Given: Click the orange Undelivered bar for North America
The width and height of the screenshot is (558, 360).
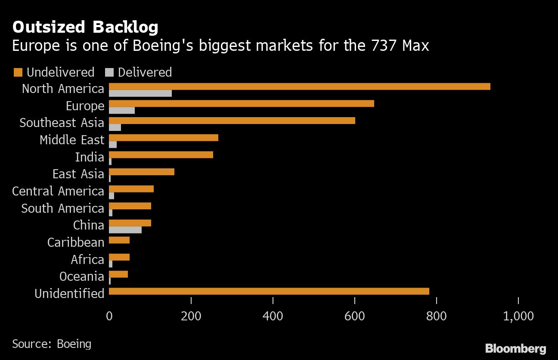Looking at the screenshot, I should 299,86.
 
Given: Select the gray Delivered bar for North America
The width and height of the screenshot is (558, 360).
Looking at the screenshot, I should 140,93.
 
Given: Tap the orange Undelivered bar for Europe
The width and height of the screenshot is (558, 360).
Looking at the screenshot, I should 241,103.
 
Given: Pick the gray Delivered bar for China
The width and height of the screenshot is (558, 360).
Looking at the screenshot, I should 125,230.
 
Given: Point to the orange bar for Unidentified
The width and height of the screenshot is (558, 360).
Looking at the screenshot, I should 269,291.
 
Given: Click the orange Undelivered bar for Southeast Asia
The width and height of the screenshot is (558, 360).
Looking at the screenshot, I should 232,120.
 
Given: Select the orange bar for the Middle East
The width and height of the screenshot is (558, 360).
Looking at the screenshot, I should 163,137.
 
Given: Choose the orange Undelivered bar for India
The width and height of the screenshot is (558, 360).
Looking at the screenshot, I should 161,155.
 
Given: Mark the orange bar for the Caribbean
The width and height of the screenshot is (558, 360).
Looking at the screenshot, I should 119,240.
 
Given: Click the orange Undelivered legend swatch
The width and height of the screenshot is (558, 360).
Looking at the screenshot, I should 18,72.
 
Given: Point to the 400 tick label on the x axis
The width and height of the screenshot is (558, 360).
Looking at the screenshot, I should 273,316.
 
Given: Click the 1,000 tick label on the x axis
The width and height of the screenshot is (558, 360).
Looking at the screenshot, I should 518,316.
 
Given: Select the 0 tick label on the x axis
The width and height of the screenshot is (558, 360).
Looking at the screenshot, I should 109,316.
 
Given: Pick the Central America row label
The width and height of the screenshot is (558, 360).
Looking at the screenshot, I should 58,191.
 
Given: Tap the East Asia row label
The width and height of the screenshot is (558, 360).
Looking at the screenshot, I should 78,174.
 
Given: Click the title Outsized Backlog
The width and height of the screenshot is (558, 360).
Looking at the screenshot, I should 85,28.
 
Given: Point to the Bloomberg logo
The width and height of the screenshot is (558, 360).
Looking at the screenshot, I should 515,348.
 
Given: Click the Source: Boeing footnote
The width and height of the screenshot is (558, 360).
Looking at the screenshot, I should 52,344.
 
